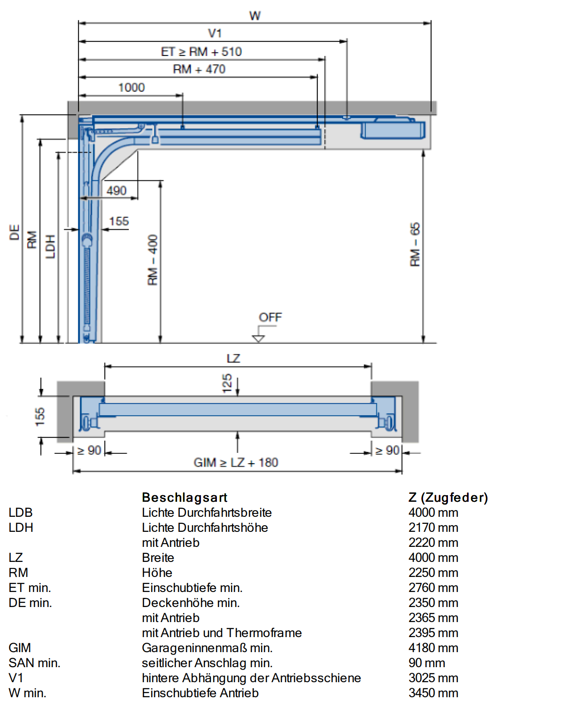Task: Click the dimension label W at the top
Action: click(255, 16)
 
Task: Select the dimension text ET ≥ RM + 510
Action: click(201, 52)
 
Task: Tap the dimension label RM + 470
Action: click(199, 69)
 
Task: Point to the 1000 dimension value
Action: click(131, 88)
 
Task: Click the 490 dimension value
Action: click(116, 190)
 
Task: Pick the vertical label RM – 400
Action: click(153, 260)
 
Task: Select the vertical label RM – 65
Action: click(415, 245)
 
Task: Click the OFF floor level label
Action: click(270, 317)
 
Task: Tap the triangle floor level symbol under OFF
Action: click(258, 339)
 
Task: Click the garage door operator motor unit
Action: click(393, 129)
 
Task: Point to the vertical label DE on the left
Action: click(14, 232)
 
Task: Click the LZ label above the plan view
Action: click(233, 358)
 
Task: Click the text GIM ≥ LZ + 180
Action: click(236, 462)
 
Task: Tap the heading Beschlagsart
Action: click(185, 497)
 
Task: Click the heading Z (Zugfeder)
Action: click(448, 497)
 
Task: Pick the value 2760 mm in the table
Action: click(433, 587)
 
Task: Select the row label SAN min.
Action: click(34, 662)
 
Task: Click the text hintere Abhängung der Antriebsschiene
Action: click(251, 678)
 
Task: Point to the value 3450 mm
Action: click(433, 693)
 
